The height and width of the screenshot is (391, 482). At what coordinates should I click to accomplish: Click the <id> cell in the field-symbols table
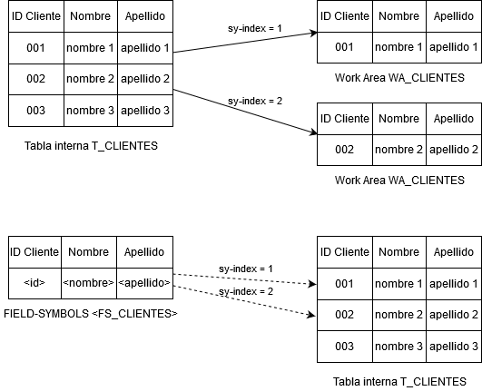tap(34, 283)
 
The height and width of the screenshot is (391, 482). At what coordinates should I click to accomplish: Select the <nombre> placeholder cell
tap(89, 283)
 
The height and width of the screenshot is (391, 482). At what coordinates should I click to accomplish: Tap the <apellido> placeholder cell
tap(144, 283)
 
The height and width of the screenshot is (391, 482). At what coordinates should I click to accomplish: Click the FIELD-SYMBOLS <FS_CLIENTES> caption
tap(91, 314)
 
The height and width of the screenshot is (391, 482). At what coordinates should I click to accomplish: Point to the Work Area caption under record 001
tap(399, 78)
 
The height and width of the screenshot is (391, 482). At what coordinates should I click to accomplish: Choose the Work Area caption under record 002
tap(399, 180)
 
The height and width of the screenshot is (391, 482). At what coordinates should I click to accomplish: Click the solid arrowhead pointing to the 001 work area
tap(313, 33)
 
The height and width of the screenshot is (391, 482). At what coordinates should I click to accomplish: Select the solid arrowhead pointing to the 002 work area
tap(313, 132)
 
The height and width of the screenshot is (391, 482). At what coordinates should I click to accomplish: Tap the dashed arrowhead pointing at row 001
tap(312, 284)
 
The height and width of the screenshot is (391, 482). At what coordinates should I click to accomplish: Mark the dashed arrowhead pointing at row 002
tap(311, 315)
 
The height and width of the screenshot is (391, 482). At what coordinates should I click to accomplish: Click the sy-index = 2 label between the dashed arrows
tap(246, 291)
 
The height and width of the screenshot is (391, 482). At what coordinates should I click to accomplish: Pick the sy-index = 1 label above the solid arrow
tap(255, 28)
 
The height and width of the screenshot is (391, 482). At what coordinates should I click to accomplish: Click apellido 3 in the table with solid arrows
tap(145, 111)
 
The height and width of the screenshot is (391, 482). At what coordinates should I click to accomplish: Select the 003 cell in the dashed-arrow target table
tap(345, 347)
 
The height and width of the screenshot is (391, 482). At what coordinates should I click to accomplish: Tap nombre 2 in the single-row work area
tap(399, 150)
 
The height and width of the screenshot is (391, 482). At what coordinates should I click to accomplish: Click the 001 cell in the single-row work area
tap(345, 47)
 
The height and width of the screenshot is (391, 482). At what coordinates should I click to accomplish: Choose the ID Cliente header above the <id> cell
tap(34, 252)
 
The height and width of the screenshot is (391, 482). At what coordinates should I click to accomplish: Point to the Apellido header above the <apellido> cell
tap(144, 252)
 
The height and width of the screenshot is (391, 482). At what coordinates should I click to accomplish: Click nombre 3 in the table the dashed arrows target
tap(399, 347)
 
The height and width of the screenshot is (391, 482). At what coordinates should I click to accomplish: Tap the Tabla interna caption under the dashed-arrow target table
tap(399, 382)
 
